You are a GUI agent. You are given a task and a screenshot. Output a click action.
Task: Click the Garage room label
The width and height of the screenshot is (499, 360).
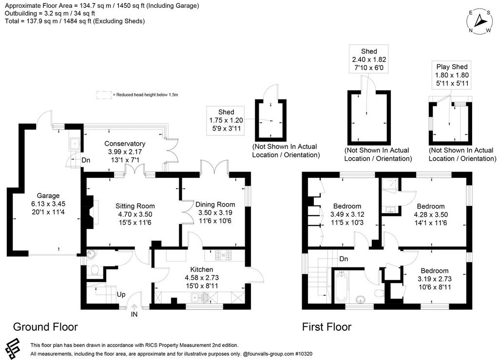(x=48, y=195)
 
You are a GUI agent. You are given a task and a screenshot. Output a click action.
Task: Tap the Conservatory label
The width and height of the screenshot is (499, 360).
(x=125, y=143)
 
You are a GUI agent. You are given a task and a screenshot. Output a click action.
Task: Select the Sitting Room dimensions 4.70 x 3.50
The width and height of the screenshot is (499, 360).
(x=135, y=214)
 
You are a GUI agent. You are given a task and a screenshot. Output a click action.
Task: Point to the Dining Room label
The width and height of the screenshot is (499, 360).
(x=215, y=205)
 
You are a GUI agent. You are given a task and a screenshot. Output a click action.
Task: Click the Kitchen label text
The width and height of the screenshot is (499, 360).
(x=202, y=269)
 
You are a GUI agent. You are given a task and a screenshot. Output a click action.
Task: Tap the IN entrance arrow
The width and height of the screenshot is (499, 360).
(x=134, y=307)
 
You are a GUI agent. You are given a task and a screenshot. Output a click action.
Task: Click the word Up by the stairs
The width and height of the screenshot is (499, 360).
(x=121, y=295)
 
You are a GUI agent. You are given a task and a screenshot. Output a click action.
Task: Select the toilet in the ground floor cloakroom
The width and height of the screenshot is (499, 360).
(x=95, y=270)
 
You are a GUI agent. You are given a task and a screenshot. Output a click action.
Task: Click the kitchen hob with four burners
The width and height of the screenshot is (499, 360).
(x=224, y=255)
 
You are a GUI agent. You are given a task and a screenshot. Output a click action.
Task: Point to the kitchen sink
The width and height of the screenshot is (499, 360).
(x=199, y=298)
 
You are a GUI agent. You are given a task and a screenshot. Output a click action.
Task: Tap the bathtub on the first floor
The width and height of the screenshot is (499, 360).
(x=341, y=286)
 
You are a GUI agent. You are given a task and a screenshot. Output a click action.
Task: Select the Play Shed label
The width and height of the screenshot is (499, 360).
(x=452, y=67)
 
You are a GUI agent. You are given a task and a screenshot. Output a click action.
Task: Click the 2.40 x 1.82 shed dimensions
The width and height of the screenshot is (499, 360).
(x=369, y=59)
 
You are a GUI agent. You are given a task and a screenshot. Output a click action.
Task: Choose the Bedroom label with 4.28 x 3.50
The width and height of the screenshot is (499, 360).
(x=431, y=206)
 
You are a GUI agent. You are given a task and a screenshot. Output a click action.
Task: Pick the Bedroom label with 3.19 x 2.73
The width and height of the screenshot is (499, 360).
(x=434, y=271)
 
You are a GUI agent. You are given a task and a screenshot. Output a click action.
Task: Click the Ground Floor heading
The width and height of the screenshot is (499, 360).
(x=45, y=327)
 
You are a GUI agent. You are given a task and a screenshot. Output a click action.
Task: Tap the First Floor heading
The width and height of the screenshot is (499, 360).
(x=326, y=327)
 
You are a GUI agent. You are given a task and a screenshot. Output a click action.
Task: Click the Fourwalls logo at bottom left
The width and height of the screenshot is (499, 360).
(x=13, y=349)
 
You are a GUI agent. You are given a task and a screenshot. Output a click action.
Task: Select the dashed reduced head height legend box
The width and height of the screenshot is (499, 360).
(x=104, y=95)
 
